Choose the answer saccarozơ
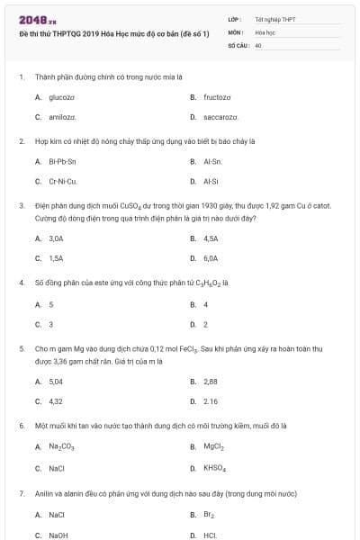pyautogui.click(x=220, y=117)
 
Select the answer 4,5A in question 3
pyautogui.click(x=211, y=238)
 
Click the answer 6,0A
pyautogui.click(x=211, y=258)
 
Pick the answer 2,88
pyautogui.click(x=211, y=382)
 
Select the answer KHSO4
pyautogui.click(x=215, y=468)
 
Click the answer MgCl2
pyautogui.click(x=213, y=446)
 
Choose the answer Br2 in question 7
pyautogui.click(x=208, y=515)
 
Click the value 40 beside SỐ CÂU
pyautogui.click(x=258, y=44)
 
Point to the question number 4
pyautogui.click(x=21, y=282)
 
